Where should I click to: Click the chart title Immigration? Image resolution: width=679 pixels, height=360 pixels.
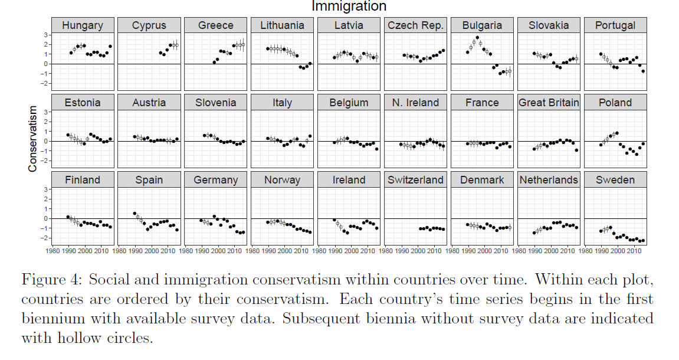pyautogui.click(x=349, y=6)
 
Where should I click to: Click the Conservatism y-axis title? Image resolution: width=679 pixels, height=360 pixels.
pyautogui.click(x=32, y=139)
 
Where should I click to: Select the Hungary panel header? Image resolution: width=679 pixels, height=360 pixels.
pyautogui.click(x=83, y=25)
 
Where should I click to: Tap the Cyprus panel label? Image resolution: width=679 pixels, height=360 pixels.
pyautogui.click(x=149, y=25)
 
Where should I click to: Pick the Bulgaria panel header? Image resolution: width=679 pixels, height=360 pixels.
pyautogui.click(x=482, y=25)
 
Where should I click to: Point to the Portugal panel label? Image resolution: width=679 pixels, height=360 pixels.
pyautogui.click(x=615, y=25)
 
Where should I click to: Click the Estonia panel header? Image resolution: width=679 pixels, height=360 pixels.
pyautogui.click(x=83, y=103)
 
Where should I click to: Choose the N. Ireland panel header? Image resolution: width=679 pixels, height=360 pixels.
pyautogui.click(x=415, y=103)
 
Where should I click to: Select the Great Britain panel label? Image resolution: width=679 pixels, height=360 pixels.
pyautogui.click(x=549, y=103)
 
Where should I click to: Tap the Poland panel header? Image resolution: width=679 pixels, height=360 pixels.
pyautogui.click(x=615, y=103)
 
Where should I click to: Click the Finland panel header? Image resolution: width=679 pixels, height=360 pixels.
pyautogui.click(x=83, y=180)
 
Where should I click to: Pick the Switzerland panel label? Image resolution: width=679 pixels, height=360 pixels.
pyautogui.click(x=415, y=180)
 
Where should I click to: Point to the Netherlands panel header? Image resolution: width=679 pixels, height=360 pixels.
pyautogui.click(x=549, y=180)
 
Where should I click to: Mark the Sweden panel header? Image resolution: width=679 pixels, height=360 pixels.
pyautogui.click(x=615, y=180)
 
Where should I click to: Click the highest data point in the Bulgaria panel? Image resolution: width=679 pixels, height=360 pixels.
pyautogui.click(x=477, y=38)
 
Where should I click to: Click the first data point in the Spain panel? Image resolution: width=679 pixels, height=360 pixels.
pyautogui.click(x=135, y=213)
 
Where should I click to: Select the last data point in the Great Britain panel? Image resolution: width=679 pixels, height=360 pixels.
pyautogui.click(x=576, y=150)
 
